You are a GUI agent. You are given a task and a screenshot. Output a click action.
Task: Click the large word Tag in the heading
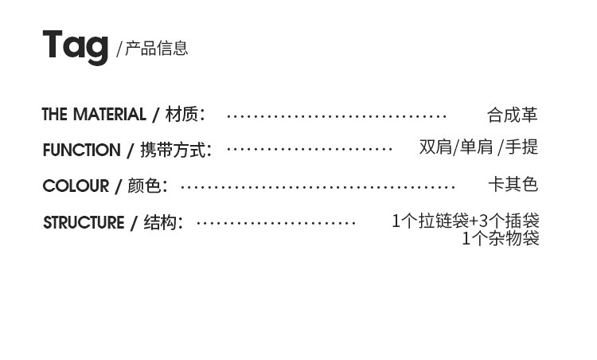[x=75, y=45]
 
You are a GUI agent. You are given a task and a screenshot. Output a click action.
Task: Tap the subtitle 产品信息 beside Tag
[x=157, y=49]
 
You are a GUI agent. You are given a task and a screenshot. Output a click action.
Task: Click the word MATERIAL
[x=109, y=115]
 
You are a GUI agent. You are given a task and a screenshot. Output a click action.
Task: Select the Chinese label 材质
[x=181, y=115]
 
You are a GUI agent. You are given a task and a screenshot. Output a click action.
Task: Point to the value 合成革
[x=513, y=115]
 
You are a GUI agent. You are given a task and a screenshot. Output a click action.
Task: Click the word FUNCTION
[x=81, y=151]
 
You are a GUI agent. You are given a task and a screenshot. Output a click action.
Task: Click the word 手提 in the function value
[x=522, y=147]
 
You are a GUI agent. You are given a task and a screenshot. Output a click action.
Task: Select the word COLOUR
[x=76, y=186]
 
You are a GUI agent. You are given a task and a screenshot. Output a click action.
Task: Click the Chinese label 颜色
[x=143, y=186]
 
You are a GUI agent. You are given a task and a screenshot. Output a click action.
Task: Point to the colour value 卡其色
[x=513, y=185]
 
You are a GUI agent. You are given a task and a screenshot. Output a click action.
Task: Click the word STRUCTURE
[x=84, y=223]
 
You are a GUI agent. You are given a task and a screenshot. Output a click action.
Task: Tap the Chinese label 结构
[x=160, y=223]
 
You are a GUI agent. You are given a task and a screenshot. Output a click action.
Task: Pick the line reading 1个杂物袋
[x=501, y=238]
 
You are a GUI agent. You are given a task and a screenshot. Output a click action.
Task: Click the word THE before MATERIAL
[x=54, y=115]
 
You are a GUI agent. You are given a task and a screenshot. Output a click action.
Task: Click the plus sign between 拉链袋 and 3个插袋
[x=474, y=221]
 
